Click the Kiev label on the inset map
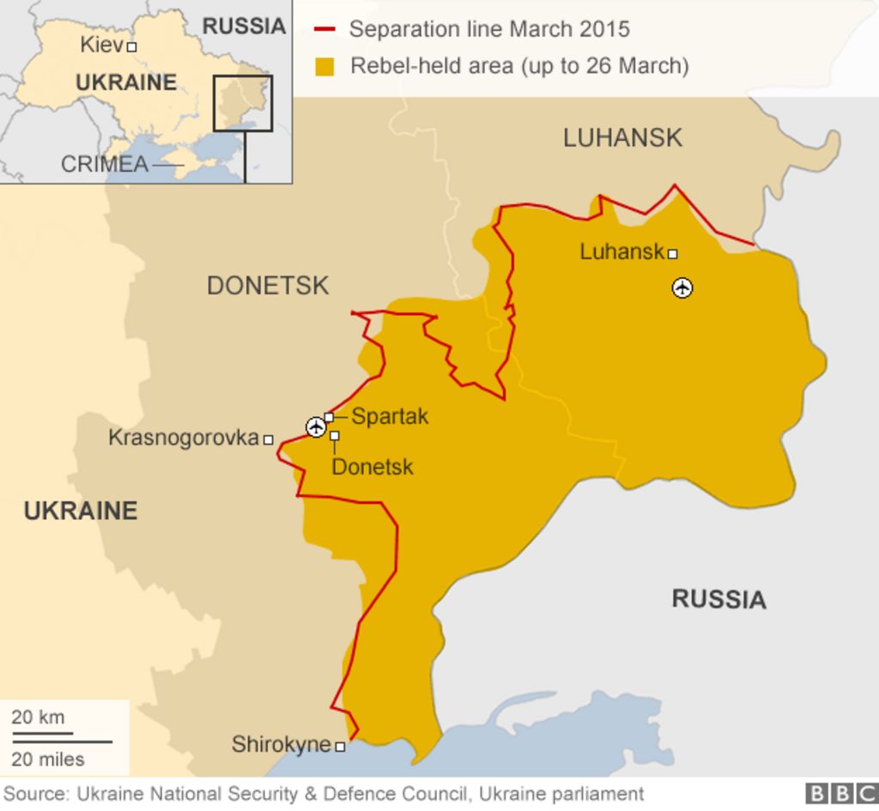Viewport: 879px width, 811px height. point(101,45)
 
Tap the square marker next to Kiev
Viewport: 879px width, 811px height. point(131,47)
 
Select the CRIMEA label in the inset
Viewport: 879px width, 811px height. point(104,164)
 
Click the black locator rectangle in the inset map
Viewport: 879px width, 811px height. point(243,103)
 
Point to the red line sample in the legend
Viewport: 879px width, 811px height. point(324,30)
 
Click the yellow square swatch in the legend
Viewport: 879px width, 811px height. point(324,66)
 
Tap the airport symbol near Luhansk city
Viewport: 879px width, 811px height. point(682,287)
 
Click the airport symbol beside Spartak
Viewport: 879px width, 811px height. point(316,427)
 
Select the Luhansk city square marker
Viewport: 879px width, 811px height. point(673,254)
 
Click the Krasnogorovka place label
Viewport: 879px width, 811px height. point(183,438)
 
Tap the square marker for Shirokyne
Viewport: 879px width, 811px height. point(340,747)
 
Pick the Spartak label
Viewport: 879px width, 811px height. point(390,417)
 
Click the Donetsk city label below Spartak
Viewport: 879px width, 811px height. point(372,467)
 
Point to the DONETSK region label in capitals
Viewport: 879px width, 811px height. point(267,286)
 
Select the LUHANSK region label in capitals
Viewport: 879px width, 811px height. point(622,137)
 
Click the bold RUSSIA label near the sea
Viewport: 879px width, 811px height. point(718,599)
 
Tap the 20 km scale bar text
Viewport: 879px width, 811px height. point(38,717)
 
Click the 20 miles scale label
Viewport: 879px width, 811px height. point(48,759)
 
